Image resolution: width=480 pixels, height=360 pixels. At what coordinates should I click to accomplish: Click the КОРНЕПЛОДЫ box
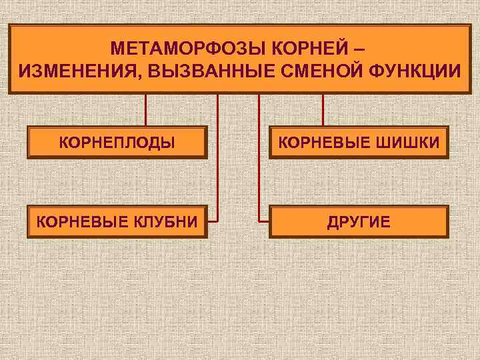click(x=117, y=142)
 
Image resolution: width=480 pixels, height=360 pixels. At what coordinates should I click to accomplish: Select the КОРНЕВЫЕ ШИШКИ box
click(x=359, y=142)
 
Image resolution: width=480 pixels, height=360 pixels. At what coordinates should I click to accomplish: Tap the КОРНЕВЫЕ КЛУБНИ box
click(x=117, y=221)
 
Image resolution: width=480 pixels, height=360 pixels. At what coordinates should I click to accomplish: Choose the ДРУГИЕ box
click(x=359, y=221)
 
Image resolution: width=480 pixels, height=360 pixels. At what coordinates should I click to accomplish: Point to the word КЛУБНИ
click(x=167, y=221)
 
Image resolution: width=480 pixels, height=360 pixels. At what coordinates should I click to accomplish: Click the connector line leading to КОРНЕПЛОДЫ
click(x=146, y=109)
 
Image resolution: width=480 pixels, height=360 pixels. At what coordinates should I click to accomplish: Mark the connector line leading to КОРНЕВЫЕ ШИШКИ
click(x=323, y=109)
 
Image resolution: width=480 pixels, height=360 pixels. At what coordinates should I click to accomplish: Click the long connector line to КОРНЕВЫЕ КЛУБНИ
click(x=217, y=160)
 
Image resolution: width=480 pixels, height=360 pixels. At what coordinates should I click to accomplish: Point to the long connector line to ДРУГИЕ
click(x=259, y=160)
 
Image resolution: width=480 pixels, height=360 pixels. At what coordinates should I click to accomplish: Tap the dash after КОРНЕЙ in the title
click(x=360, y=49)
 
